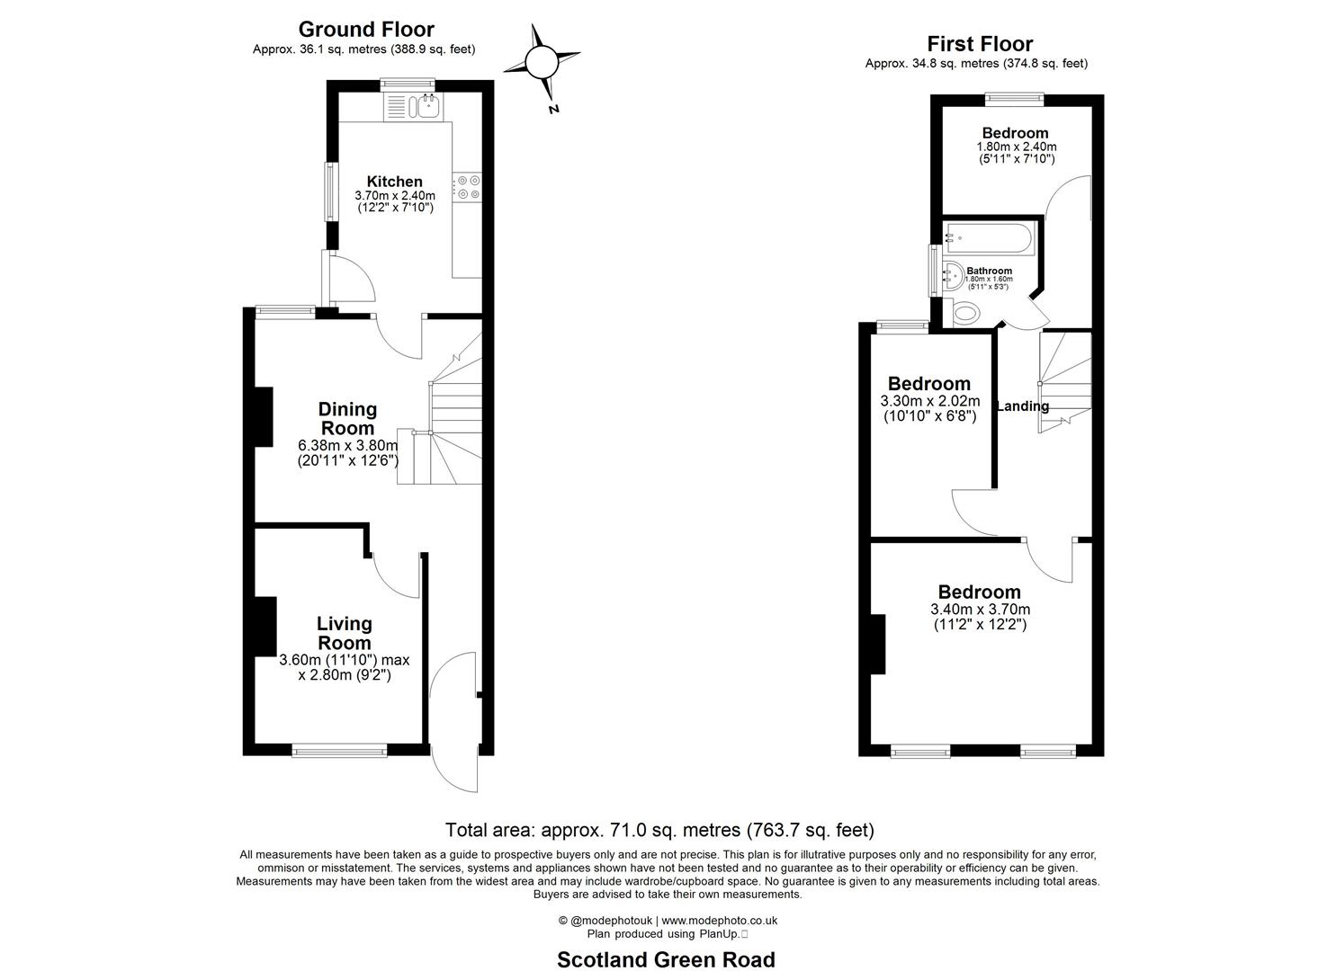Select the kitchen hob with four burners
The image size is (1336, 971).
468,187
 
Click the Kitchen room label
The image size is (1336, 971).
394,182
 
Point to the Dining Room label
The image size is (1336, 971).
347,419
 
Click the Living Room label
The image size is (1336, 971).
344,633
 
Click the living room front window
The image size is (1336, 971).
339,749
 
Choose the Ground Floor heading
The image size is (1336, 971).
366,30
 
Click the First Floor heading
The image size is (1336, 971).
980,43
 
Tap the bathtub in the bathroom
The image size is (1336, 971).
990,238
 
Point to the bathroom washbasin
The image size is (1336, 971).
950,275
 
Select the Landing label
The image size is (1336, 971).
1023,406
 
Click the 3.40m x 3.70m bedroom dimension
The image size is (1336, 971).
980,609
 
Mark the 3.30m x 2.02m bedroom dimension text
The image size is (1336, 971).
929,401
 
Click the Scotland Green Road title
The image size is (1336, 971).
666,959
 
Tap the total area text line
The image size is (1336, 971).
659,830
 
